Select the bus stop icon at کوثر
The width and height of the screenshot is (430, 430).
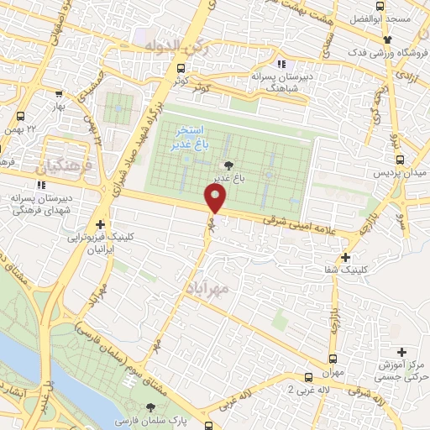(181, 69)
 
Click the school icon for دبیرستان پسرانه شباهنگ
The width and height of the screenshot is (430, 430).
(281, 64)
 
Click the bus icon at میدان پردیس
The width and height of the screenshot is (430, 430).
(401, 159)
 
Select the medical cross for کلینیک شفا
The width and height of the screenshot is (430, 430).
(346, 256)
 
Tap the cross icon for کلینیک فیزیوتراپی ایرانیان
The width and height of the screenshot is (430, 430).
(100, 224)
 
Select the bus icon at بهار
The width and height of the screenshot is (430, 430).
(58, 94)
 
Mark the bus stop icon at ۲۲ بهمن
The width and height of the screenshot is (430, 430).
(19, 116)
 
